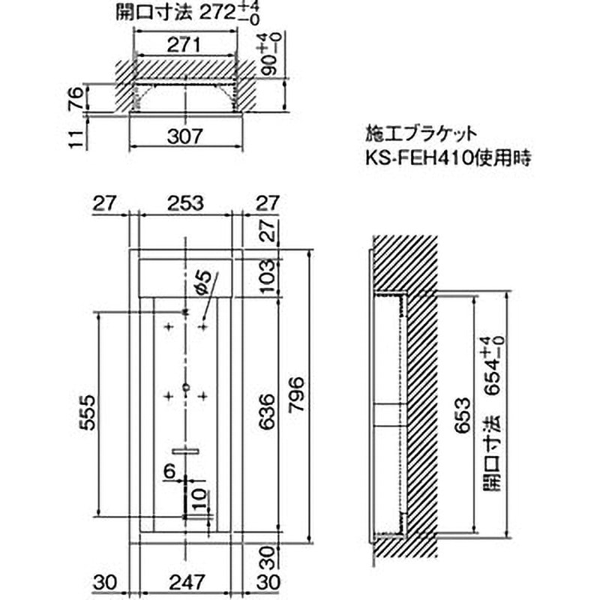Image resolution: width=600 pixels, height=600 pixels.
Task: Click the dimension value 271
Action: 183,45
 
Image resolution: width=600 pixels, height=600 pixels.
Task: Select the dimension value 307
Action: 184,136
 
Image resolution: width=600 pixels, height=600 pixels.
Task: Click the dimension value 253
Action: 183,202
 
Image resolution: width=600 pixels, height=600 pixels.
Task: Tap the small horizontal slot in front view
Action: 184,451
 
